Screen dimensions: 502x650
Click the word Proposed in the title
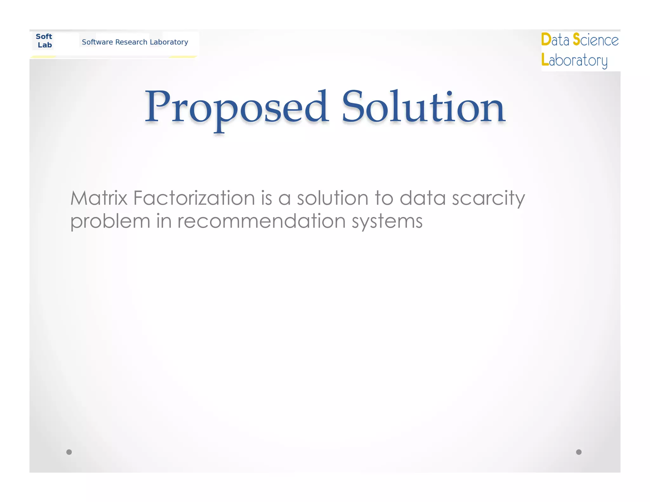click(236, 108)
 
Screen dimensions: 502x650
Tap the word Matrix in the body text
click(99, 198)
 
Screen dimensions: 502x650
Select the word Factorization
click(194, 198)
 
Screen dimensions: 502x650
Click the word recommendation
click(261, 221)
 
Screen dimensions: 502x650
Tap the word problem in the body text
click(110, 221)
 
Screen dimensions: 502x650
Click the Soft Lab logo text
click(44, 41)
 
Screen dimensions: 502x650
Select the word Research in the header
click(131, 42)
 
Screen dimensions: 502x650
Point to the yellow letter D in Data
click(546, 40)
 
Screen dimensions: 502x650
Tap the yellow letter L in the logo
click(545, 60)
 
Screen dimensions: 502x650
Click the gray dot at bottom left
click(69, 452)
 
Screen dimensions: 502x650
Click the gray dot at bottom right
click(579, 452)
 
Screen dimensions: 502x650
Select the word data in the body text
click(422, 198)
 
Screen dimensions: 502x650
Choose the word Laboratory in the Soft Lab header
click(169, 42)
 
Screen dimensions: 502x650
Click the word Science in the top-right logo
click(596, 40)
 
